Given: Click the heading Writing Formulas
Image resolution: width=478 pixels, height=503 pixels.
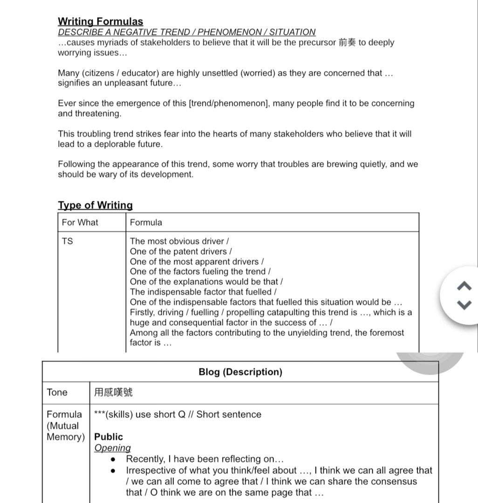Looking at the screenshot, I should (x=100, y=21).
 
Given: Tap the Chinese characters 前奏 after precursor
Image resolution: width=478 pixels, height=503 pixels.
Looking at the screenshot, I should (x=347, y=42).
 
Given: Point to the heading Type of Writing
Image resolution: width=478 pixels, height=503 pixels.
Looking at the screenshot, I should (x=95, y=205).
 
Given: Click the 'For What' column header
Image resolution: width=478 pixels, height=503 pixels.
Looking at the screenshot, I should (x=80, y=223).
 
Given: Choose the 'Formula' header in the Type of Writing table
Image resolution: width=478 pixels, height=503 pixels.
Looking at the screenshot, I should (x=146, y=223).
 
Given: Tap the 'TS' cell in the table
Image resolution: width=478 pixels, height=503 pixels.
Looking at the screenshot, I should (x=67, y=241).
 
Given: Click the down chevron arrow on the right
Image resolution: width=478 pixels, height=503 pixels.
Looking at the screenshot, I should (x=465, y=305).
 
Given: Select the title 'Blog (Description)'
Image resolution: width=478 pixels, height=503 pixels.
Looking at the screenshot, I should (x=240, y=372).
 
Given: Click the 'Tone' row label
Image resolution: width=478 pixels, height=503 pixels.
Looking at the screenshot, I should (x=57, y=393).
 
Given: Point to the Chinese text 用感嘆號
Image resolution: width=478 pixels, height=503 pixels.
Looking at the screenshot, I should (x=113, y=393).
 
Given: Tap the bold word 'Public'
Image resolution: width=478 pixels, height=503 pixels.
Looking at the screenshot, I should (x=109, y=437).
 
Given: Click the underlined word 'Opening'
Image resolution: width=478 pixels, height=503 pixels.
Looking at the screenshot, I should (x=112, y=448).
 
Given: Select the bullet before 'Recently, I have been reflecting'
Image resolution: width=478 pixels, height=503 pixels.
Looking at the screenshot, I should (x=113, y=460).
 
